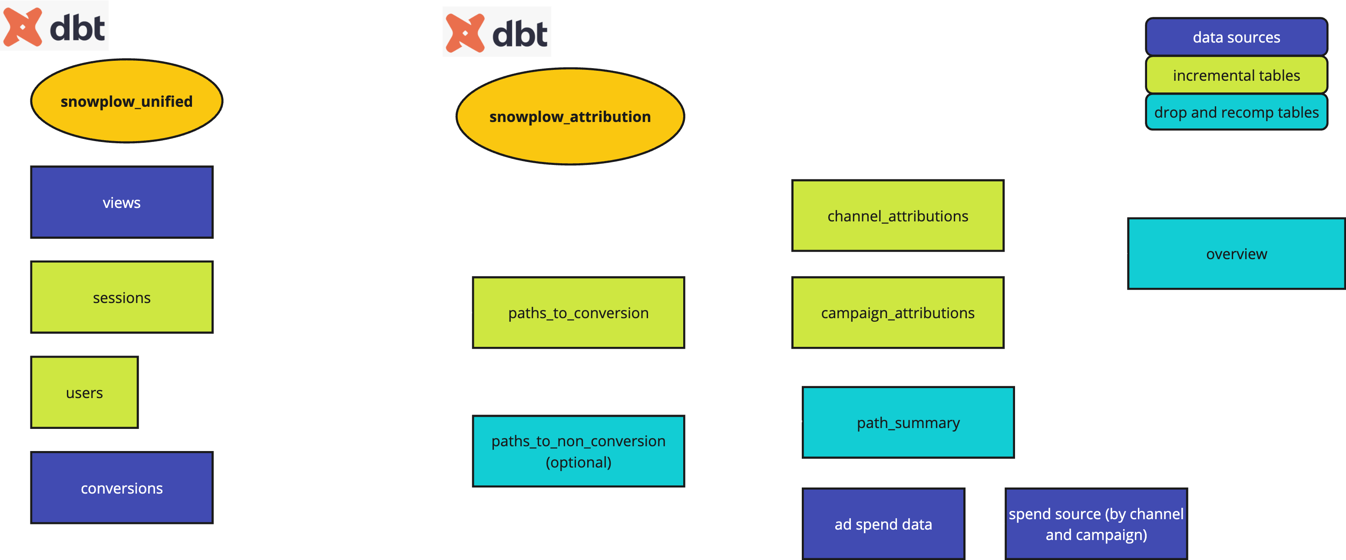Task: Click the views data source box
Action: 122,202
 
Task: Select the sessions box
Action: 122,297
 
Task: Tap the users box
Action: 84,392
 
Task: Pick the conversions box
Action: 122,488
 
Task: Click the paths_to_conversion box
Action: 578,313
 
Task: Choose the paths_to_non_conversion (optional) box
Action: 578,451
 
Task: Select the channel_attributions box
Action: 897,216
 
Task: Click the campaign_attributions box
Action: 897,313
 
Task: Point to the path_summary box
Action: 908,422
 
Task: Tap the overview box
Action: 1236,254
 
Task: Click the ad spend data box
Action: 883,524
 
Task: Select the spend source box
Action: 1096,524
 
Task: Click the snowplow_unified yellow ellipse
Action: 126,101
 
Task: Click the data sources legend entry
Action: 1236,37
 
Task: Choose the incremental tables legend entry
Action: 1236,75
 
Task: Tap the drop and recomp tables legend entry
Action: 1236,112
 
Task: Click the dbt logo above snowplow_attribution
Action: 496,32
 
